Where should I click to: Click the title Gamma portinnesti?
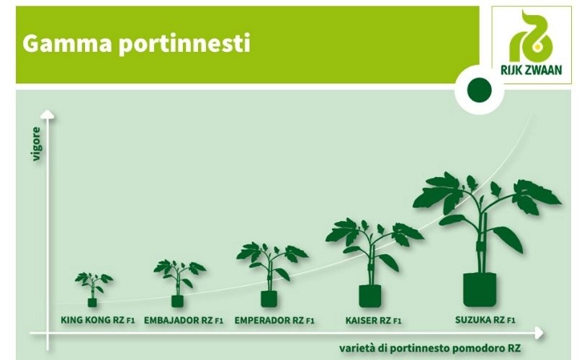(x=136, y=45)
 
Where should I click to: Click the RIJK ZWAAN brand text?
(x=532, y=70)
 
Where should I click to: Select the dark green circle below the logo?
(x=480, y=90)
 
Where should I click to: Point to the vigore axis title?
(x=36, y=144)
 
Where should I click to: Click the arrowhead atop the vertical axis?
(x=48, y=114)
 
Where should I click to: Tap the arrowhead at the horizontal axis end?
(x=539, y=333)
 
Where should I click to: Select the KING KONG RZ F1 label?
(x=98, y=320)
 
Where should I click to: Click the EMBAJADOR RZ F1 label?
(x=184, y=320)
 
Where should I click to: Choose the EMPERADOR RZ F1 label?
(x=274, y=320)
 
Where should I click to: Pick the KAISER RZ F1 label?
(x=373, y=320)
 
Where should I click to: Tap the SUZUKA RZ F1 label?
(x=485, y=320)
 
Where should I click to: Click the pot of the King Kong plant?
(x=92, y=302)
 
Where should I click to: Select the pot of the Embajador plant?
(x=177, y=301)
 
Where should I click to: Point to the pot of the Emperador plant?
(x=269, y=299)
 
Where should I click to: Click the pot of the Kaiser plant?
(x=370, y=296)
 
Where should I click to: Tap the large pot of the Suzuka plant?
(x=480, y=290)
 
